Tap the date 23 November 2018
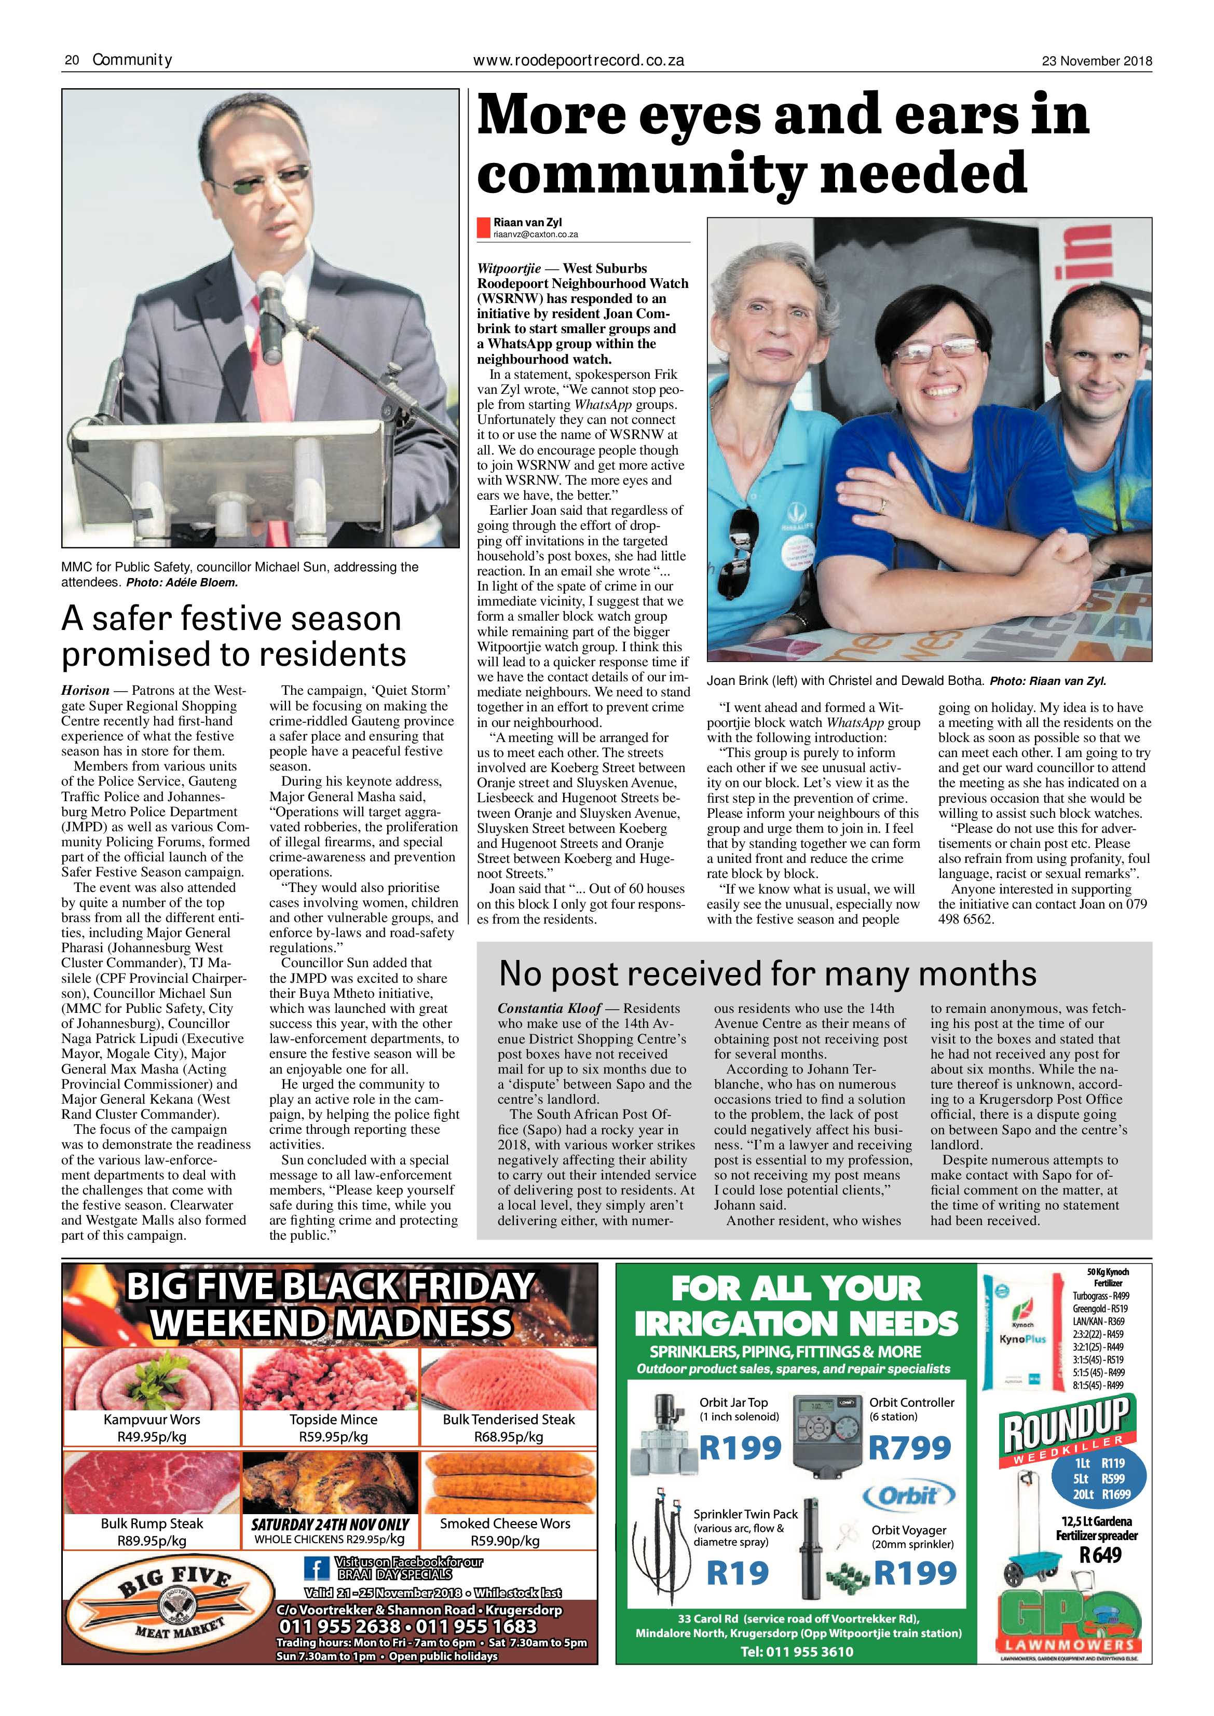click(x=1097, y=61)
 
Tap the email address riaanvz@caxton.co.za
click(x=535, y=235)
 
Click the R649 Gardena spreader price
click(x=1100, y=1555)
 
